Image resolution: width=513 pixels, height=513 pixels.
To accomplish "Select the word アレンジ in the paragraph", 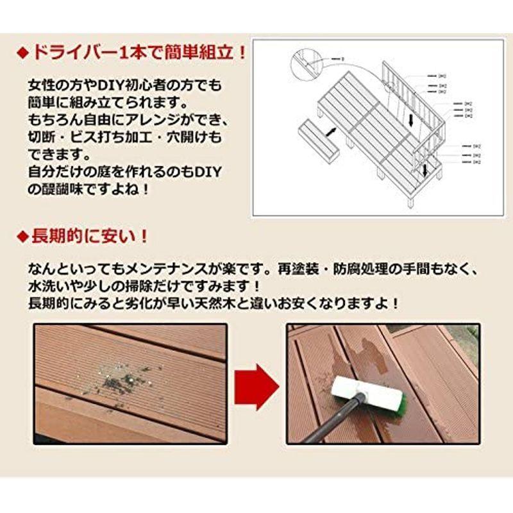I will (x=172, y=121).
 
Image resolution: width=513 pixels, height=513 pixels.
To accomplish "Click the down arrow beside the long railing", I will (x=410, y=120).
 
